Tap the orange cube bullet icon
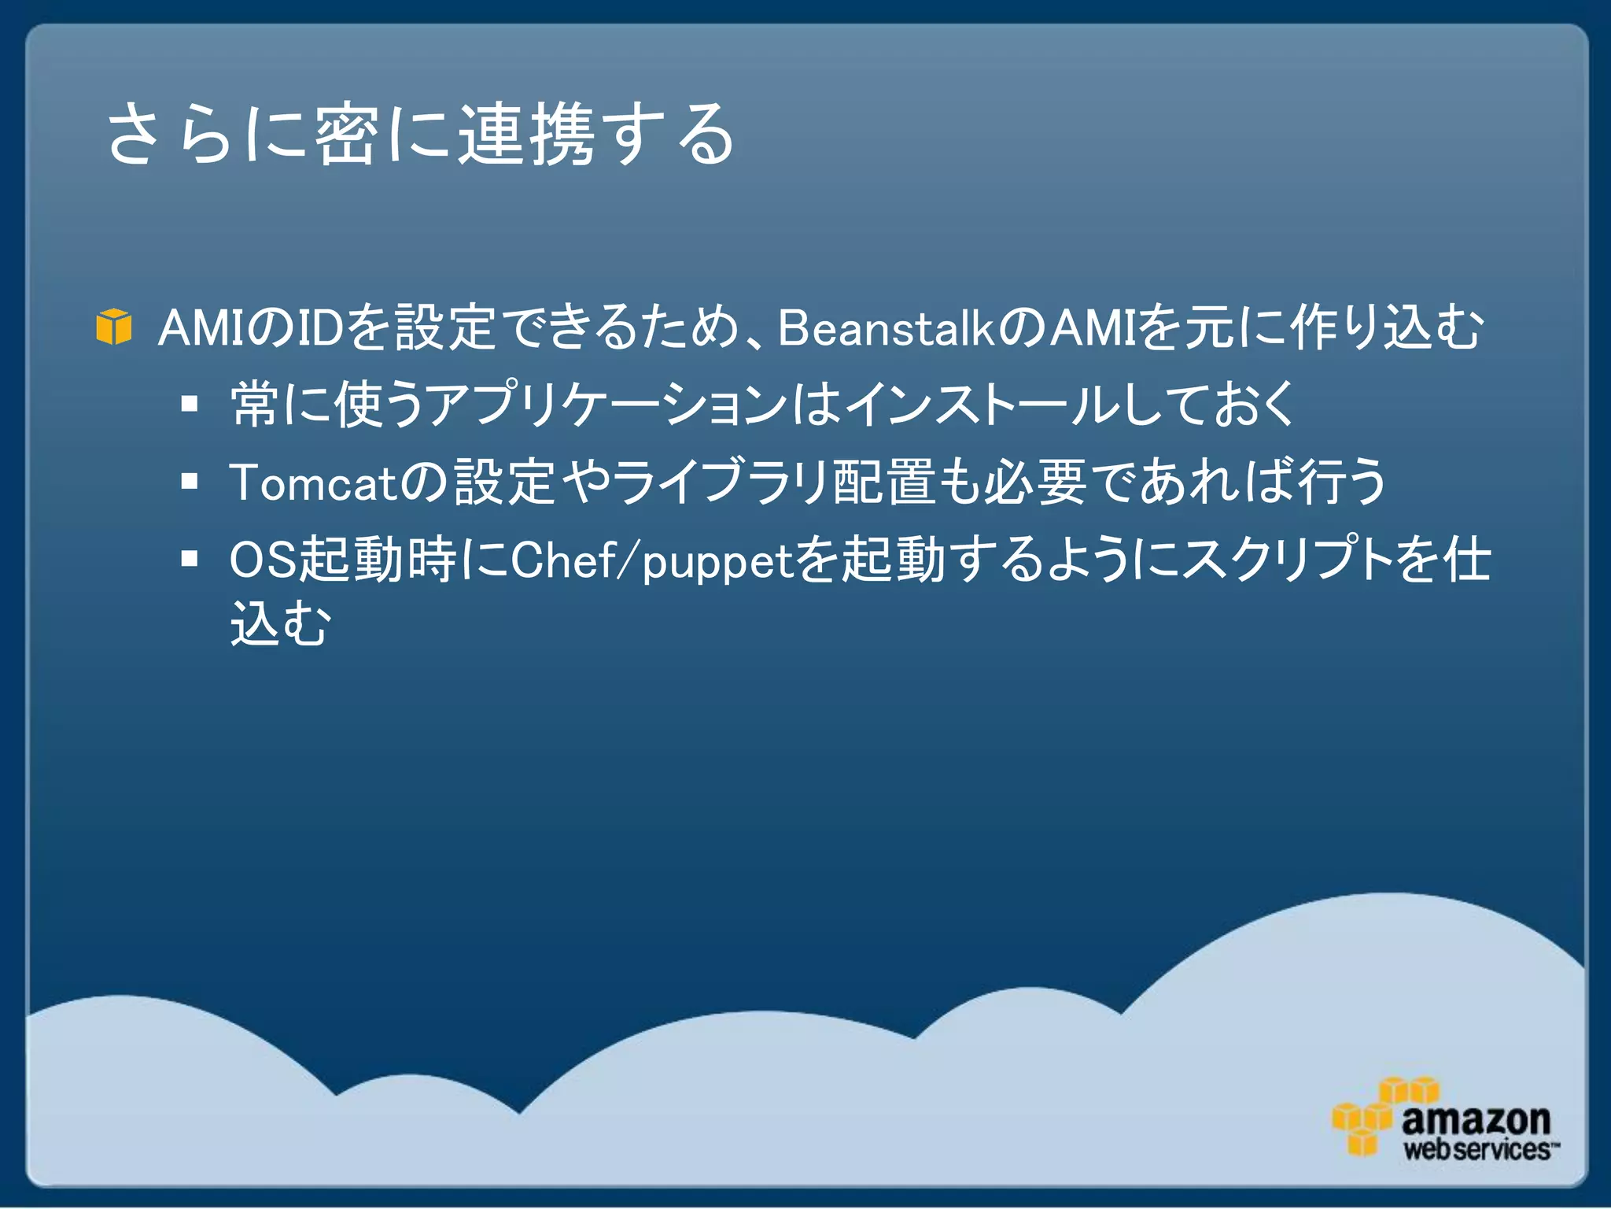click(113, 327)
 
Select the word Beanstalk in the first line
click(887, 327)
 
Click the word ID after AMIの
click(319, 327)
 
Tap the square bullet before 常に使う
click(189, 405)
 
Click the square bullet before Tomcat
click(189, 481)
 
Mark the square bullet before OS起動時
click(189, 559)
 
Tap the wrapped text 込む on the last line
click(280, 623)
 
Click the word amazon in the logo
click(1475, 1119)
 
